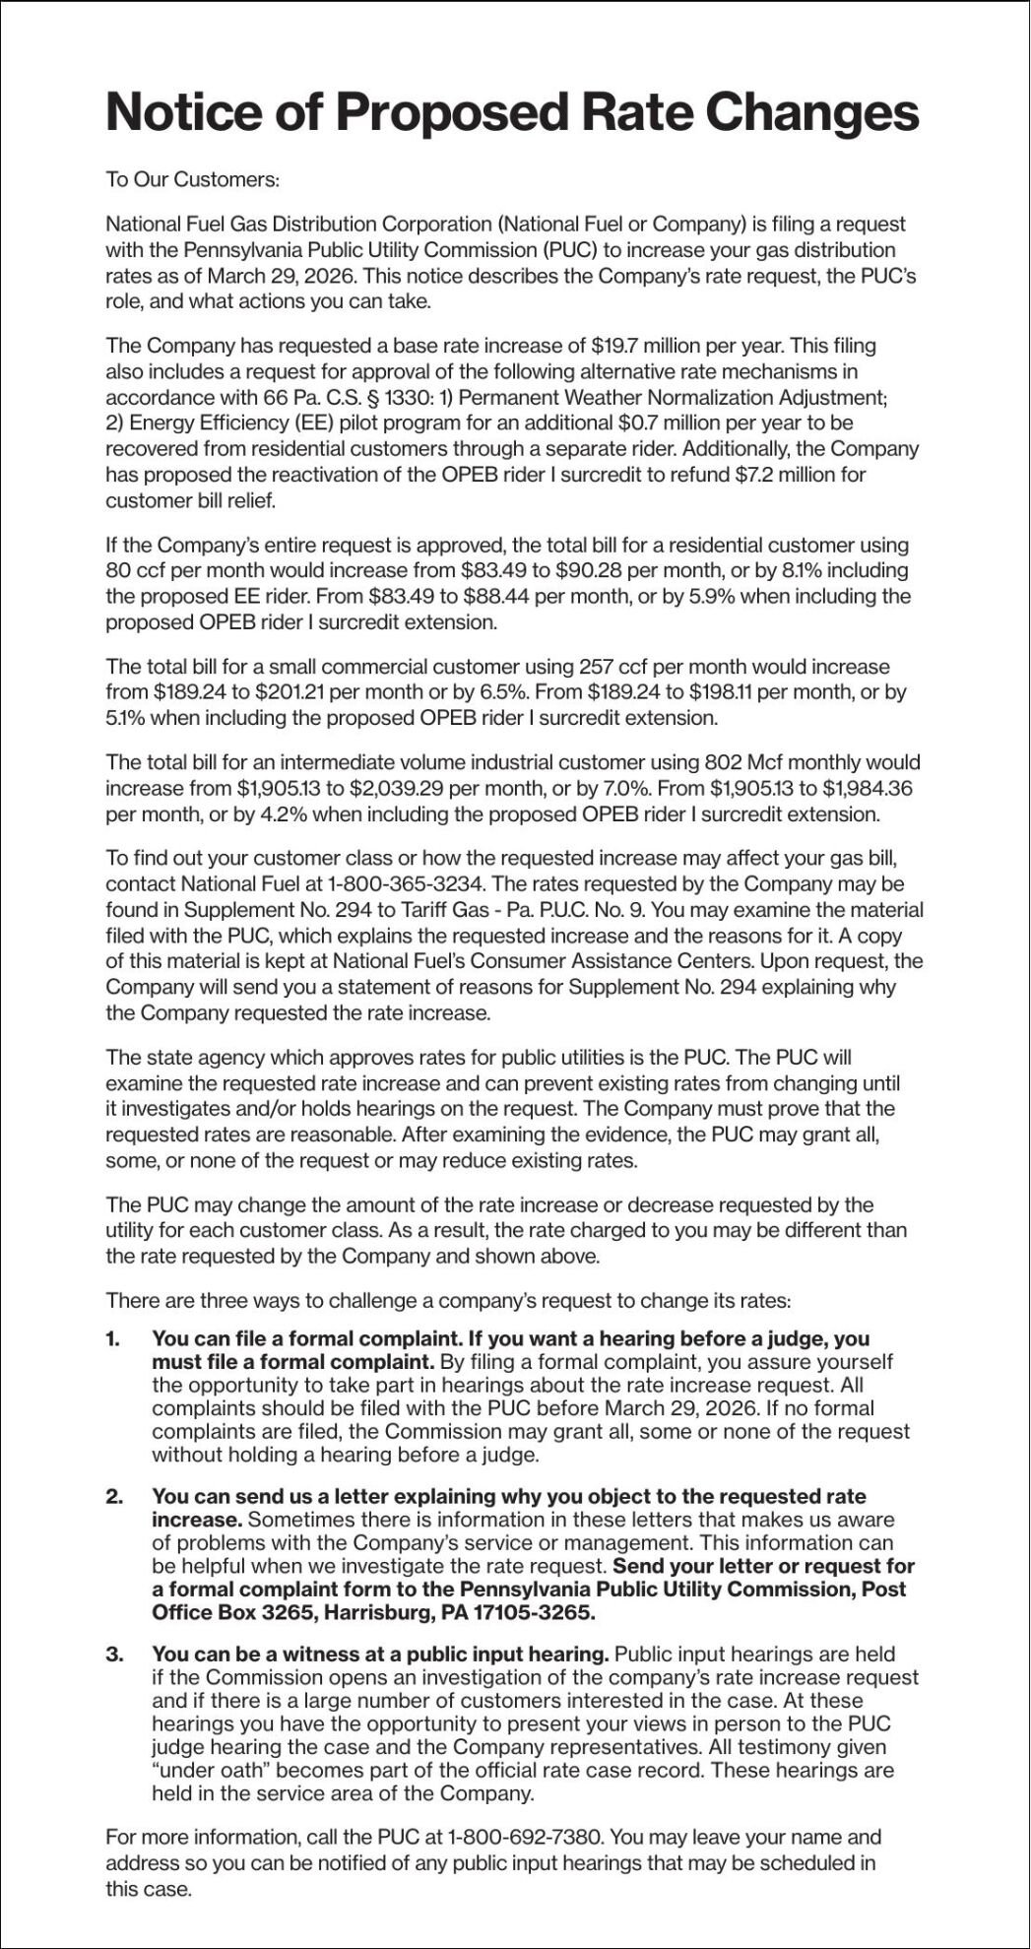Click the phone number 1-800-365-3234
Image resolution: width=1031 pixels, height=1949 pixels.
coord(412,883)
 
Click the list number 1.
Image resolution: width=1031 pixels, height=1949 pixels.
coord(112,1338)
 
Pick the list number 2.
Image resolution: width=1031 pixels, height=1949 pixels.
coord(113,1496)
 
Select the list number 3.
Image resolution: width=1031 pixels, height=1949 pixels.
coord(113,1654)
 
